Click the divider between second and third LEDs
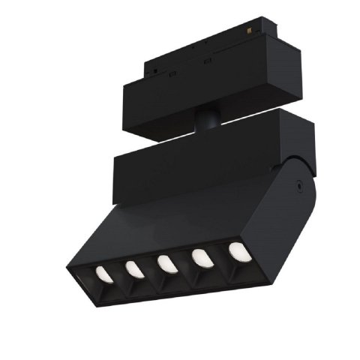(x=151, y=265)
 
